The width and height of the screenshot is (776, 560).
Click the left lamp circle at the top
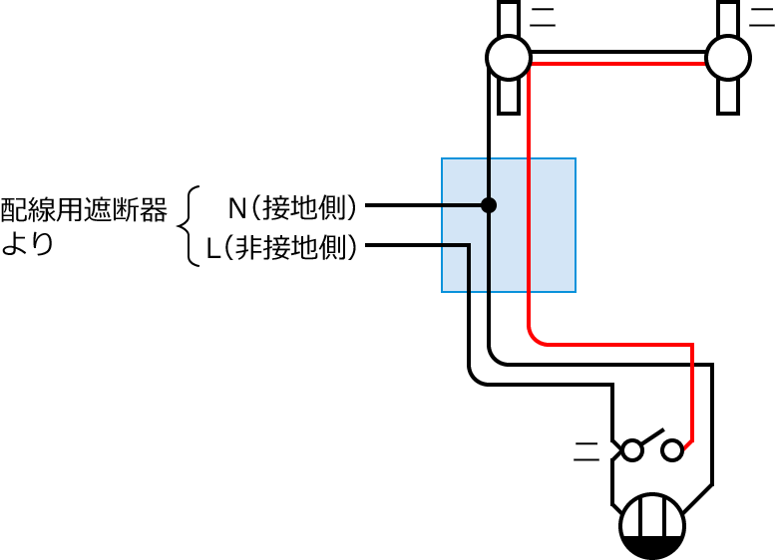click(509, 57)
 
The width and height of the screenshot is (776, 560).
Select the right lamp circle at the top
click(728, 57)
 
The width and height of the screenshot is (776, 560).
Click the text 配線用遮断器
click(84, 209)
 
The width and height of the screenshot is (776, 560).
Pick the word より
click(27, 245)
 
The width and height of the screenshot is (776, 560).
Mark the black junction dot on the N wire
click(489, 205)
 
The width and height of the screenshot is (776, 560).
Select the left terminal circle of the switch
click(631, 450)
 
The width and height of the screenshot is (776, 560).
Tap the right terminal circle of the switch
click(673, 450)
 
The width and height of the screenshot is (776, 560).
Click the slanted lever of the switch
click(653, 439)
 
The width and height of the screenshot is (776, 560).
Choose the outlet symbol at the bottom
click(653, 525)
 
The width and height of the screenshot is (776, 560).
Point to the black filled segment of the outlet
click(653, 544)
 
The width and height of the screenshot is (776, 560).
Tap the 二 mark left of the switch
click(587, 451)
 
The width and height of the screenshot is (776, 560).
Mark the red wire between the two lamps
click(618, 63)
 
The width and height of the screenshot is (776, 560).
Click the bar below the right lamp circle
click(728, 97)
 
